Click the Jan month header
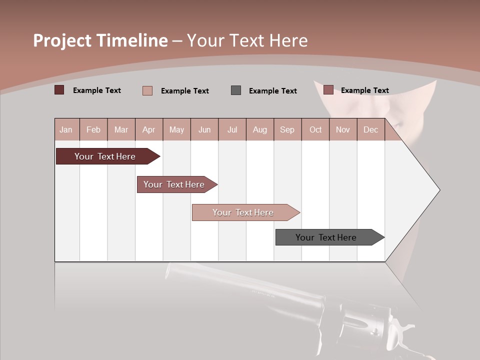click(x=66, y=129)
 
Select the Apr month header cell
click(x=149, y=129)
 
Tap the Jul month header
click(x=232, y=129)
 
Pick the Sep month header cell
click(x=287, y=129)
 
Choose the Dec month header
click(x=370, y=129)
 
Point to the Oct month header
click(x=315, y=129)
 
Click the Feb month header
click(x=93, y=129)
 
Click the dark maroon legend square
click(x=59, y=90)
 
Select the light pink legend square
click(x=147, y=90)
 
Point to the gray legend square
click(x=236, y=90)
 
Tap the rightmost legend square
click(x=328, y=90)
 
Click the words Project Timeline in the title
click(x=100, y=40)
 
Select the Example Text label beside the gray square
click(x=272, y=91)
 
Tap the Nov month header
click(x=343, y=129)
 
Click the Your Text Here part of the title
click(x=247, y=40)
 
